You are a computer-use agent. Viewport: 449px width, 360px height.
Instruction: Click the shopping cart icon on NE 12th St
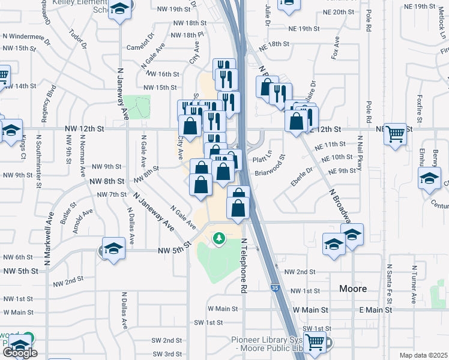(396, 134)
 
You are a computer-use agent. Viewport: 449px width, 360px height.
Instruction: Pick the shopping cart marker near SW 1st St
(315, 343)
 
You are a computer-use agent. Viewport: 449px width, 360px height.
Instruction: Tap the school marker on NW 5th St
(112, 248)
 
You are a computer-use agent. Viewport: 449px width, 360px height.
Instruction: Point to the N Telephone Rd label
(244, 265)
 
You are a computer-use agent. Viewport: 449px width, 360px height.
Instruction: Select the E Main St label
(375, 310)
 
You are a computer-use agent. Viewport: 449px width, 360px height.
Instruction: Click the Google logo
(19, 353)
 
